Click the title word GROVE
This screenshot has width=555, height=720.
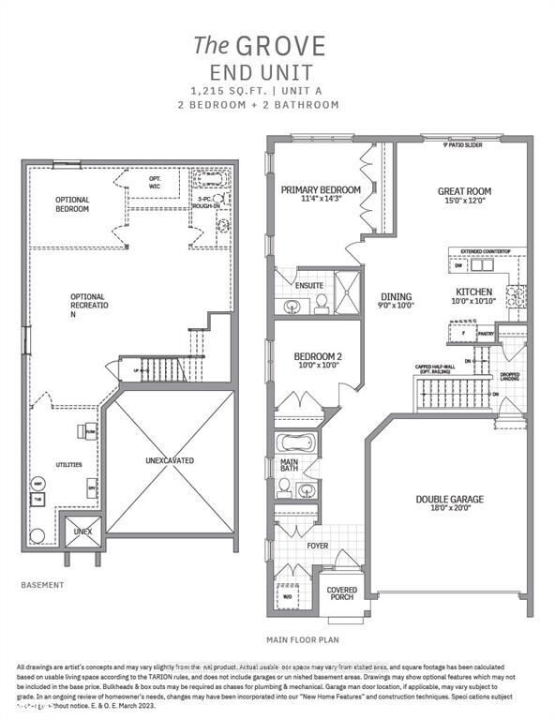coord(292,45)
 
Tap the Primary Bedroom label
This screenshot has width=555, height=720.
coord(321,188)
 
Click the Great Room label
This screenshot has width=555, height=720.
coord(464,191)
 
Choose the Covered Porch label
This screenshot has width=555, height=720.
coord(341,594)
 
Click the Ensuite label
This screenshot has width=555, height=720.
coord(310,285)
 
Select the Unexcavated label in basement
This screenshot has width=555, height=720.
coord(170,461)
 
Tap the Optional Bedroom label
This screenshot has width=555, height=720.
coord(72,204)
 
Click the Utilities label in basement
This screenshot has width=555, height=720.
coord(67,465)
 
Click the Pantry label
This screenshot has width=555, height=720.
coord(485,333)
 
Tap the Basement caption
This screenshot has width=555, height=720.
coord(42,584)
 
